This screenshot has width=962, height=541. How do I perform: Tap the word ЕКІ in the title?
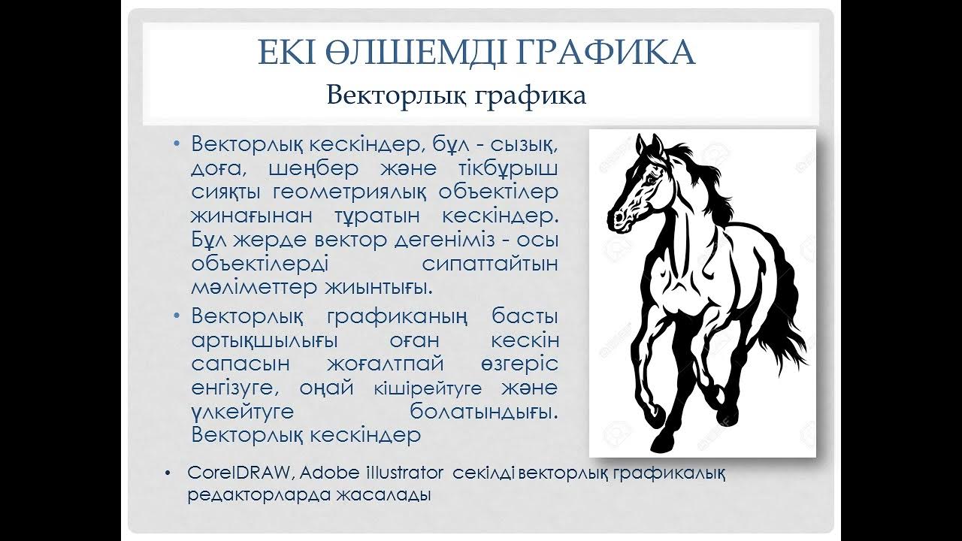pyautogui.click(x=286, y=53)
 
